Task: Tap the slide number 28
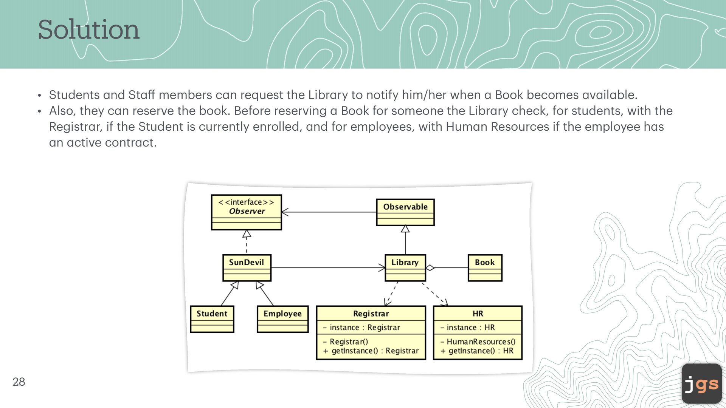click(19, 382)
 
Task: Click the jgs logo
click(701, 384)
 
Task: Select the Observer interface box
click(246, 212)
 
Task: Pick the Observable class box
click(405, 212)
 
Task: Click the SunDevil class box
click(247, 267)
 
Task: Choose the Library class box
click(405, 267)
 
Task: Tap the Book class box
click(485, 267)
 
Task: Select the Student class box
click(212, 319)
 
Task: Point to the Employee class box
click(282, 319)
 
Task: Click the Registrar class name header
click(371, 314)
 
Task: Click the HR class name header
click(478, 314)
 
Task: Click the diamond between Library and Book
click(430, 268)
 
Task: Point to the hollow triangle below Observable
click(405, 229)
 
